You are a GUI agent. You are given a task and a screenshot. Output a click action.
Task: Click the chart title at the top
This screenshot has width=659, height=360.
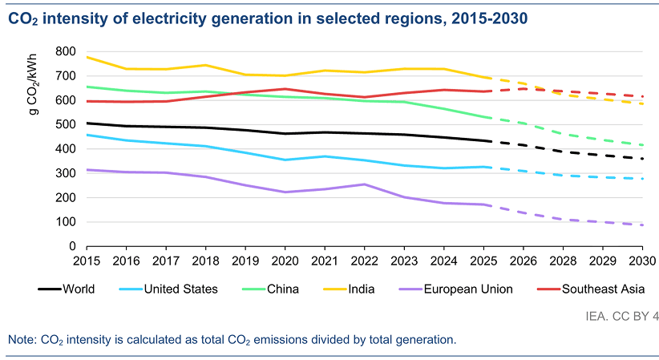pos(273,18)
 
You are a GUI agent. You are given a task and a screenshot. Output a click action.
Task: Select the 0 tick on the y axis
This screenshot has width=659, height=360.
pos(73,246)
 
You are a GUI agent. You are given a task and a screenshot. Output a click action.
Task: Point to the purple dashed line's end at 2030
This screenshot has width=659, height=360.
pos(643,225)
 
